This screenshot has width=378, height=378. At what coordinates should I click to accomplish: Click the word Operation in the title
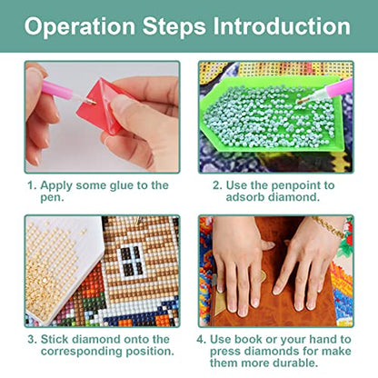point(80,26)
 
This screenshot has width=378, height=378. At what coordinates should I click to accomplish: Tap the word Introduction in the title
point(282,25)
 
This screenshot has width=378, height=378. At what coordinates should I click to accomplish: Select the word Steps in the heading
point(174,27)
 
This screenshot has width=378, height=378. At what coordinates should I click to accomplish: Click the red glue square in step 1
point(102,106)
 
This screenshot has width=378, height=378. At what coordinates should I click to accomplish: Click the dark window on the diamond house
point(131,260)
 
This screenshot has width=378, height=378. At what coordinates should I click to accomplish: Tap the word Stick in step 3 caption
point(55,339)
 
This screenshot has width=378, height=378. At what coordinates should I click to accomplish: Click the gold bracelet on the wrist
point(329,228)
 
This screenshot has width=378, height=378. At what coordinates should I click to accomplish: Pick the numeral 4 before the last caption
point(200,339)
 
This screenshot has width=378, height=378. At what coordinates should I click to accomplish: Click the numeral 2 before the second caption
point(217,185)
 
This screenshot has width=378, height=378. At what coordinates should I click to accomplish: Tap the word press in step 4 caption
point(225,352)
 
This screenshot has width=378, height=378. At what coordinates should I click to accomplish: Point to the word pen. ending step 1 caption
point(52,198)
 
